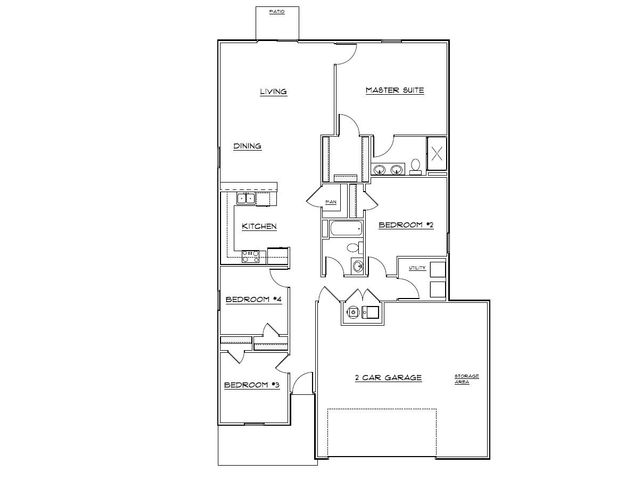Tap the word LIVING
[274, 92]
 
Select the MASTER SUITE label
[395, 90]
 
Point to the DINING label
[248, 146]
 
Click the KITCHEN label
[259, 227]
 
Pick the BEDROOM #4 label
[252, 300]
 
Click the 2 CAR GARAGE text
[387, 377]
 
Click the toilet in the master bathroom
[414, 166]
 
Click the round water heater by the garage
[352, 312]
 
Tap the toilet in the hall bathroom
[356, 265]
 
